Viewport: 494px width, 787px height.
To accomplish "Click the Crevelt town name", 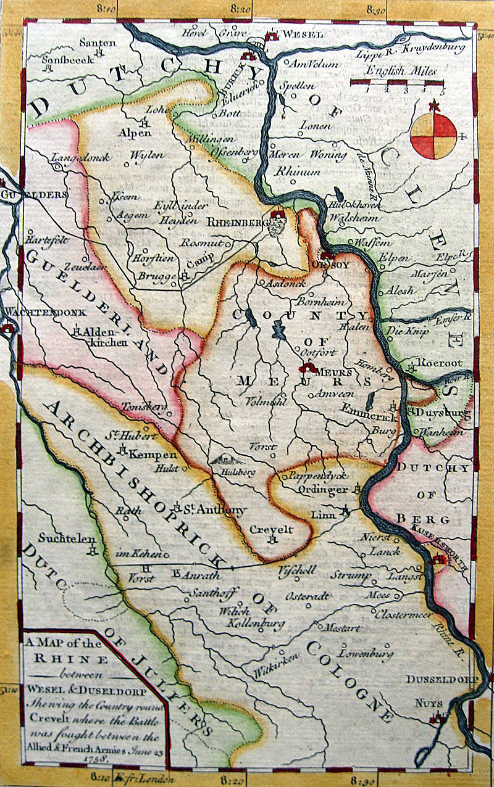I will click(271, 529).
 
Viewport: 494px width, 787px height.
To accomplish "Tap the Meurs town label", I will click(334, 373).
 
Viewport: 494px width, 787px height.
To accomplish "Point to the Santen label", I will click(98, 43).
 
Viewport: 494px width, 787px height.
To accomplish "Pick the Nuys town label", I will click(419, 702).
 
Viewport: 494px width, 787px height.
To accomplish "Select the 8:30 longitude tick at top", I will click(376, 9).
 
